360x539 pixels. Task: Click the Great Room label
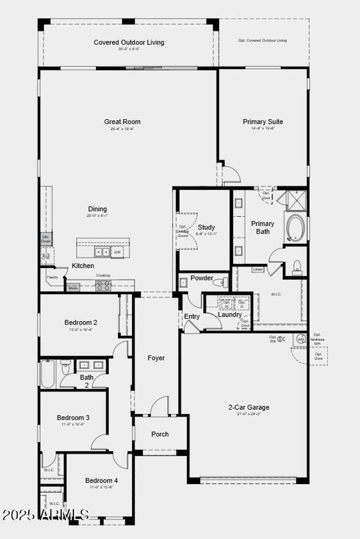click(122, 122)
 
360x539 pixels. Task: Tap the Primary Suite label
click(263, 122)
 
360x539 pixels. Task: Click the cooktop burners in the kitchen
click(103, 286)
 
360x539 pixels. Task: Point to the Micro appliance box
click(73, 288)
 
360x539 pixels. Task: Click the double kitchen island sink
click(102, 252)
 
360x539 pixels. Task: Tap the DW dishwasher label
click(117, 252)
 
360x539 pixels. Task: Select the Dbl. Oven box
click(46, 239)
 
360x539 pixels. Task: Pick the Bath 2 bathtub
click(48, 374)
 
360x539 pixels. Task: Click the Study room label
click(206, 227)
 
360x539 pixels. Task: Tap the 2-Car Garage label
click(249, 407)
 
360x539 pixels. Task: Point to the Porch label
click(160, 434)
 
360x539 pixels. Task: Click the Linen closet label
click(258, 269)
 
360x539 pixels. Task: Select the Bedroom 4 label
click(101, 480)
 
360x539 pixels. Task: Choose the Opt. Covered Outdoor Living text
click(262, 41)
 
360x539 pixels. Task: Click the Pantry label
click(52, 277)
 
